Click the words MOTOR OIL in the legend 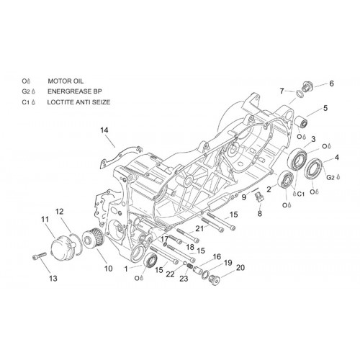pos(66,81)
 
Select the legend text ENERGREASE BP pos(75,91)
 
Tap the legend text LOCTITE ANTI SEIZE pos(78,102)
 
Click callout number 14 pos(104,130)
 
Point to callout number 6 pos(331,84)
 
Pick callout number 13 pos(53,279)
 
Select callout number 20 pos(240,267)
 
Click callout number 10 pos(108,269)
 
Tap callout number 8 pos(260,213)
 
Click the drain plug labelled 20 pos(214,279)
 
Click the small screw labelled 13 pos(39,256)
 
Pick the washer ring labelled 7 pos(300,94)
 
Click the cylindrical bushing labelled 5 pos(301,122)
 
